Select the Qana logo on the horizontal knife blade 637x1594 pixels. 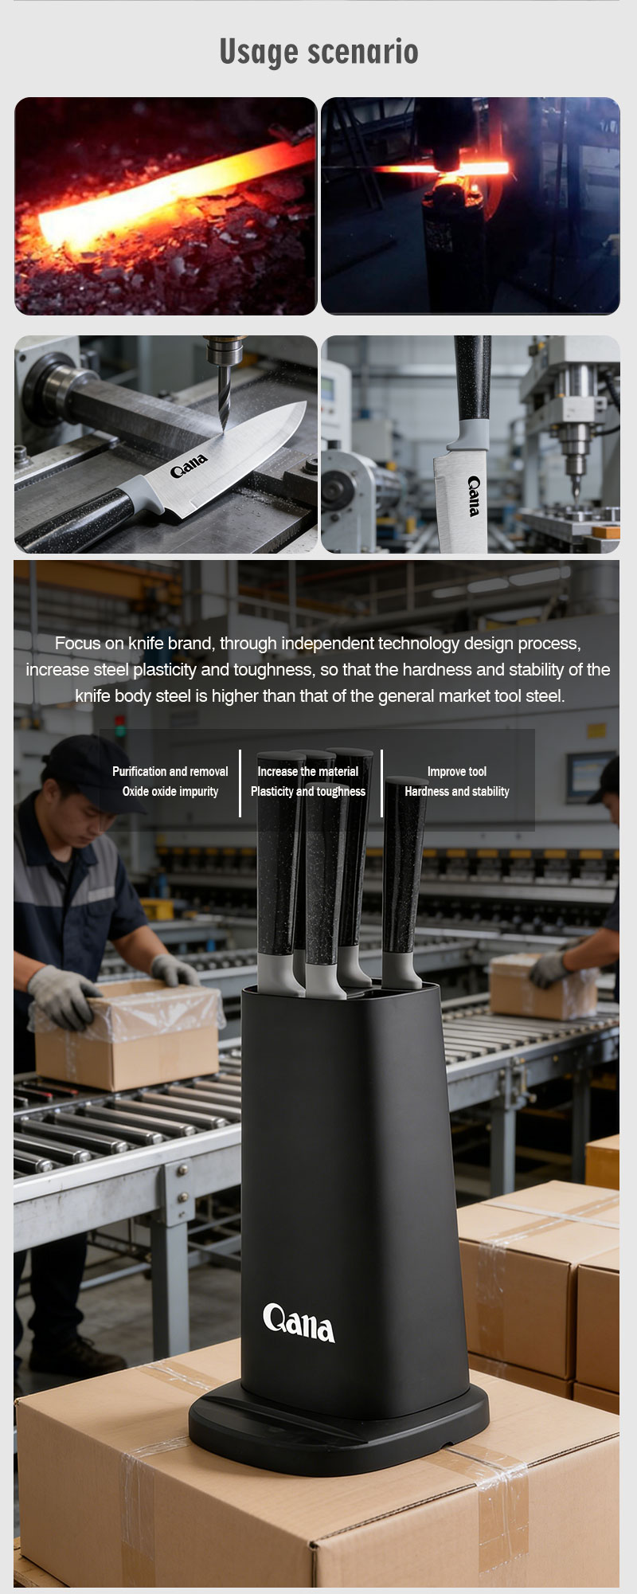pyautogui.click(x=190, y=465)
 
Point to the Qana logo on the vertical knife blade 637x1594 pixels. pyautogui.click(x=474, y=495)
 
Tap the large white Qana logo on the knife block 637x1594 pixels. pyautogui.click(x=299, y=1322)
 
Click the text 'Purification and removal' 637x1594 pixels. pyautogui.click(x=170, y=771)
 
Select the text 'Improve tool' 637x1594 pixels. pyautogui.click(x=457, y=771)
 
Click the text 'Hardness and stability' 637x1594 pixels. pyautogui.click(x=457, y=791)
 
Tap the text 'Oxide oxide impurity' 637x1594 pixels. pyautogui.click(x=170, y=791)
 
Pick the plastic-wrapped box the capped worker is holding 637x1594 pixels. pyautogui.click(x=127, y=1035)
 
